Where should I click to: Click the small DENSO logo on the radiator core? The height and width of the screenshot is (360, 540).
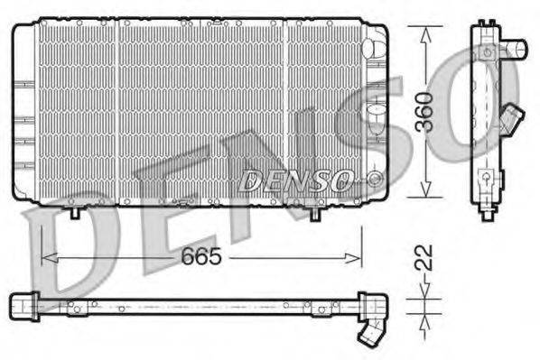pos(295,180)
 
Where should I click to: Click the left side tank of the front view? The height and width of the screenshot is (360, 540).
pos(23,110)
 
